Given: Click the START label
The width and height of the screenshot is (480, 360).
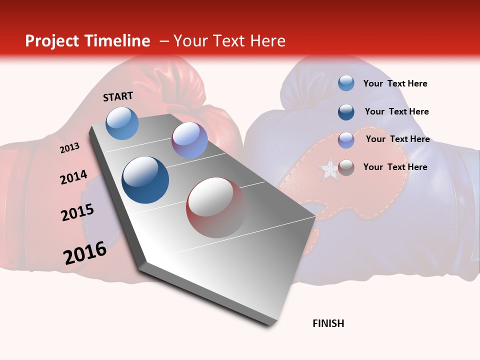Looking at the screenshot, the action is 118,96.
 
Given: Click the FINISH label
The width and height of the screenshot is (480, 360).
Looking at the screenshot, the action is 328,323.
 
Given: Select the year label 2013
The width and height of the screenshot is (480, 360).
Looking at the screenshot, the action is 69,148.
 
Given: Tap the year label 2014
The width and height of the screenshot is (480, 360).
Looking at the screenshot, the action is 73,177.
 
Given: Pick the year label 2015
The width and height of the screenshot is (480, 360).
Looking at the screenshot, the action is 77,212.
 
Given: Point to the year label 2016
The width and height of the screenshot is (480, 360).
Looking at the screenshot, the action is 84,253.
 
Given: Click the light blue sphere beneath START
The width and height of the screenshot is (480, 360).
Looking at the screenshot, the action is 122,123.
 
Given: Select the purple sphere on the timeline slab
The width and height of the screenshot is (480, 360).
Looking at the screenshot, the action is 189,140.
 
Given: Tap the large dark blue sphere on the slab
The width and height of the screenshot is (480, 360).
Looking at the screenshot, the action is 145,180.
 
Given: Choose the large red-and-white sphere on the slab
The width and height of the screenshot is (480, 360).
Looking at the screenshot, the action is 216,207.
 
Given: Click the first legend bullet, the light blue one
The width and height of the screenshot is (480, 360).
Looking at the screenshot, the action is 346,83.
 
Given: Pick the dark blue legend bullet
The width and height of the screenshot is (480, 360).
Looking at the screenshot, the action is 346,112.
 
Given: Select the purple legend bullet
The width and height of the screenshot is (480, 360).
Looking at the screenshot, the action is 346,140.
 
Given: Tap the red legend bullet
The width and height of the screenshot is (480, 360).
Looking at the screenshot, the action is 346,167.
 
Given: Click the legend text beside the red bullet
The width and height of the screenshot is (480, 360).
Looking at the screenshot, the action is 395,167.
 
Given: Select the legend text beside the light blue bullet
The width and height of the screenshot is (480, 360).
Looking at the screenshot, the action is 395,83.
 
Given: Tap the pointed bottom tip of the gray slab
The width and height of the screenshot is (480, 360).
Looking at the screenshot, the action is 270,325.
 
